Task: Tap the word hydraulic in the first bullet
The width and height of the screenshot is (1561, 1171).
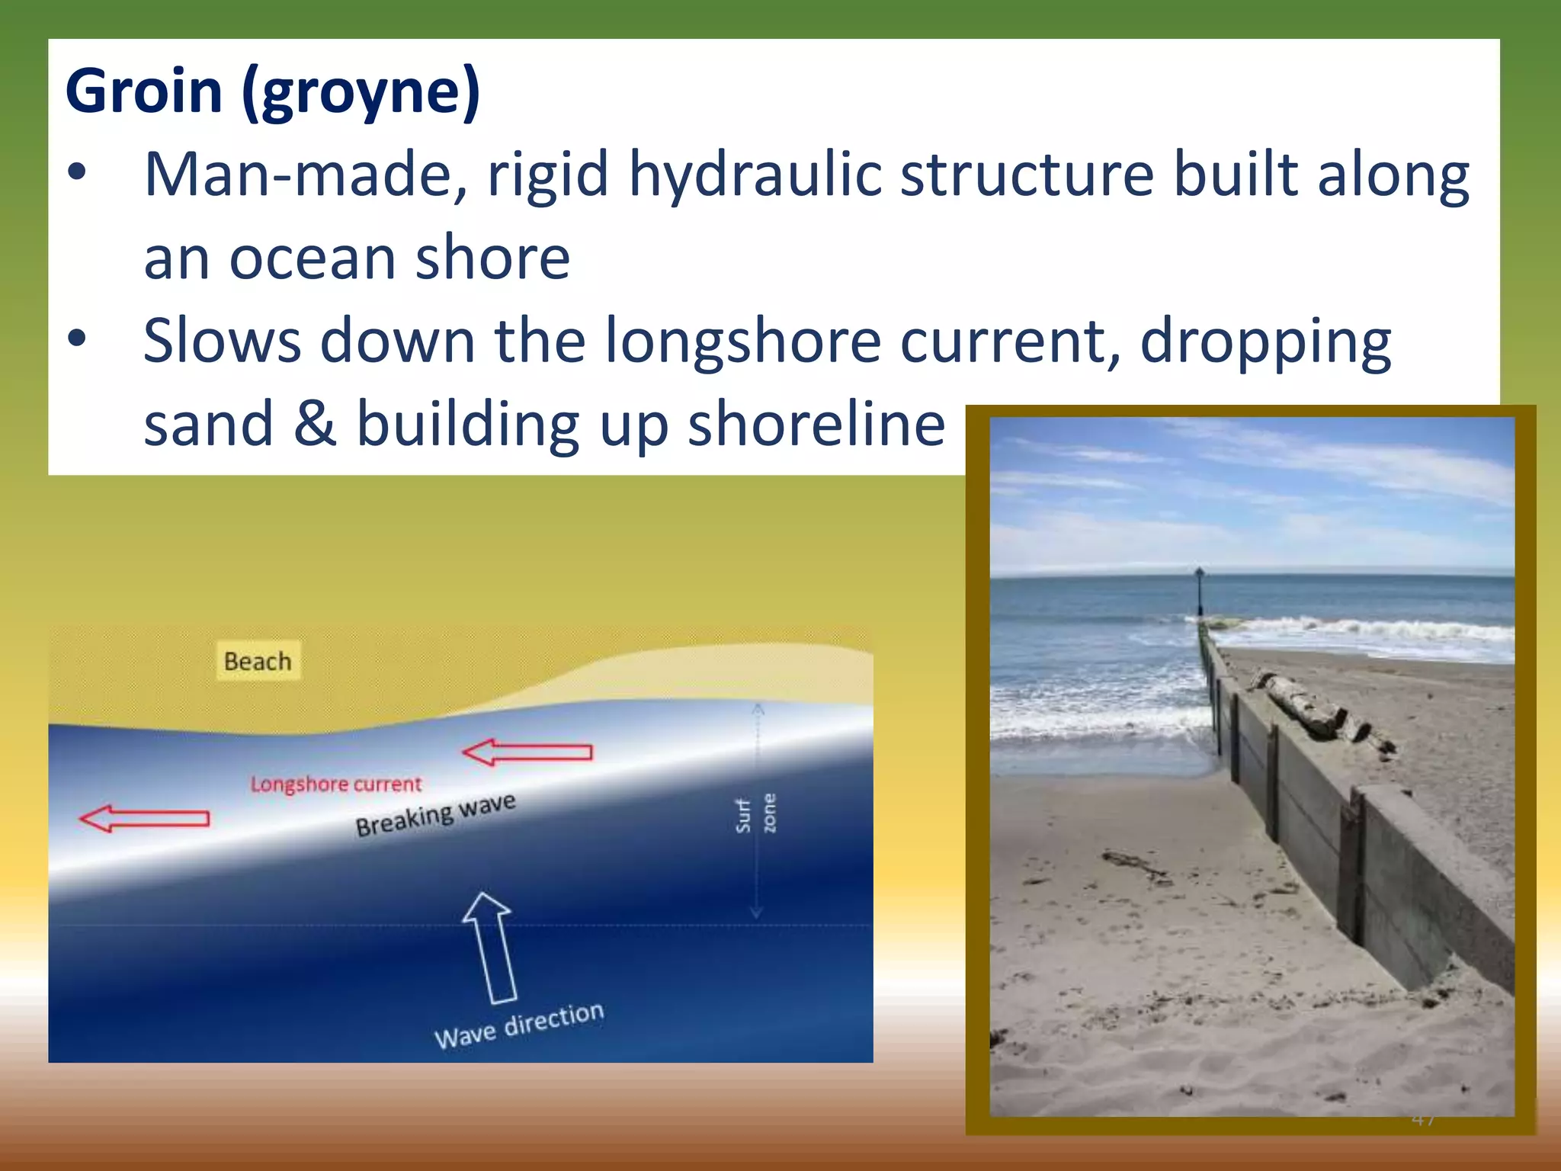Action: pos(754,175)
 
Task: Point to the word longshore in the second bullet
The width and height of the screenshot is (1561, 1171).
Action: pos(743,342)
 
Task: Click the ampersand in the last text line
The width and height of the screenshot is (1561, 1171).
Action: pos(315,424)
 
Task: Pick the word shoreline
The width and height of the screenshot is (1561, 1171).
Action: pos(816,424)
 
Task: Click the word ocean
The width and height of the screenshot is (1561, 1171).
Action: pos(313,258)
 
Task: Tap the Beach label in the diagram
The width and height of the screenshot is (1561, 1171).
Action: pos(258,661)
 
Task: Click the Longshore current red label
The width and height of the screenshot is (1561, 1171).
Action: pos(335,784)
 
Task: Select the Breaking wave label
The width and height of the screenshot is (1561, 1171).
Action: pos(435,815)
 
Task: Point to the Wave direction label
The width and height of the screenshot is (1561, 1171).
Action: pos(519,1025)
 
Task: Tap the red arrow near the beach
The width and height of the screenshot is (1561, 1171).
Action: pos(527,752)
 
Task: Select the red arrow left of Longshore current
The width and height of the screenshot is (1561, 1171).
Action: pos(144,819)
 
